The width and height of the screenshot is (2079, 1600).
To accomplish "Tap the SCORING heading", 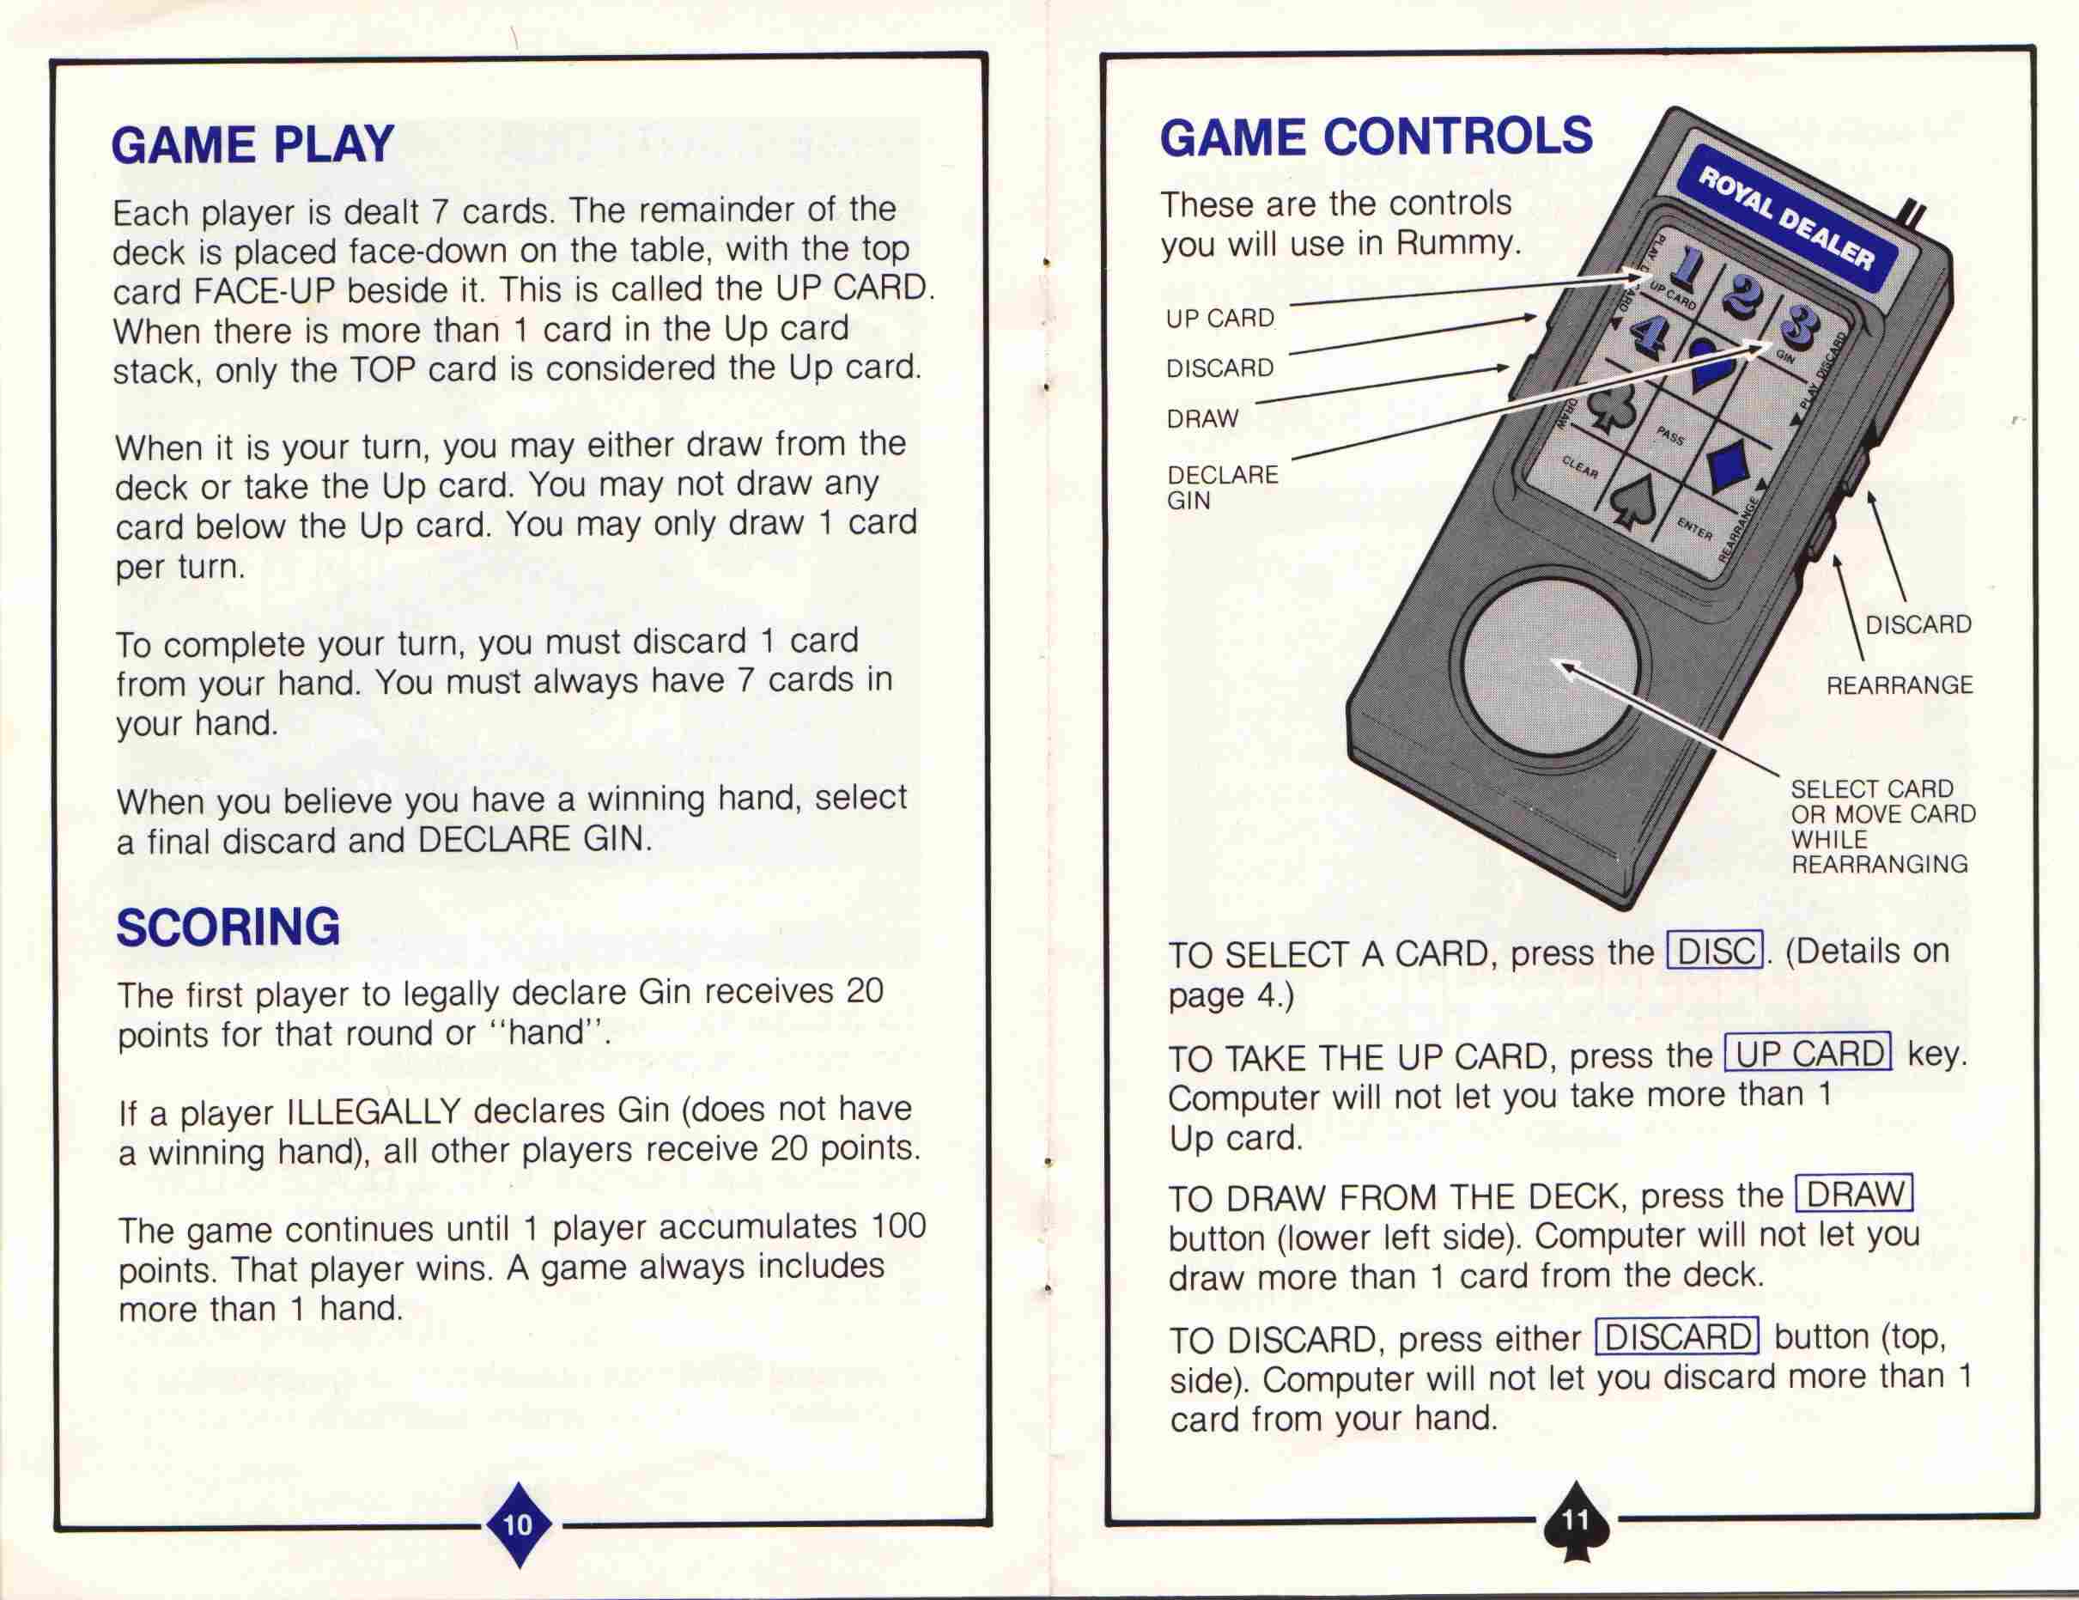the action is pyautogui.click(x=228, y=926).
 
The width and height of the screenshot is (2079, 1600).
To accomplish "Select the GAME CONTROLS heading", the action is pyautogui.click(x=1376, y=136).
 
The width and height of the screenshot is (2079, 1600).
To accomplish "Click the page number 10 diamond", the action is pyautogui.click(x=518, y=1524).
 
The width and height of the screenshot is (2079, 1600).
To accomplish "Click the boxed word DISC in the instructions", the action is pyautogui.click(x=1716, y=950).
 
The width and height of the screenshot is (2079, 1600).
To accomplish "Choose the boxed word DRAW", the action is pyautogui.click(x=1854, y=1193).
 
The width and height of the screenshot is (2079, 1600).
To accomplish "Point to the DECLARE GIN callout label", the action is pyautogui.click(x=1222, y=487).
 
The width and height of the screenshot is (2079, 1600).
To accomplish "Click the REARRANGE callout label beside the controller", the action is pyautogui.click(x=1899, y=685).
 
